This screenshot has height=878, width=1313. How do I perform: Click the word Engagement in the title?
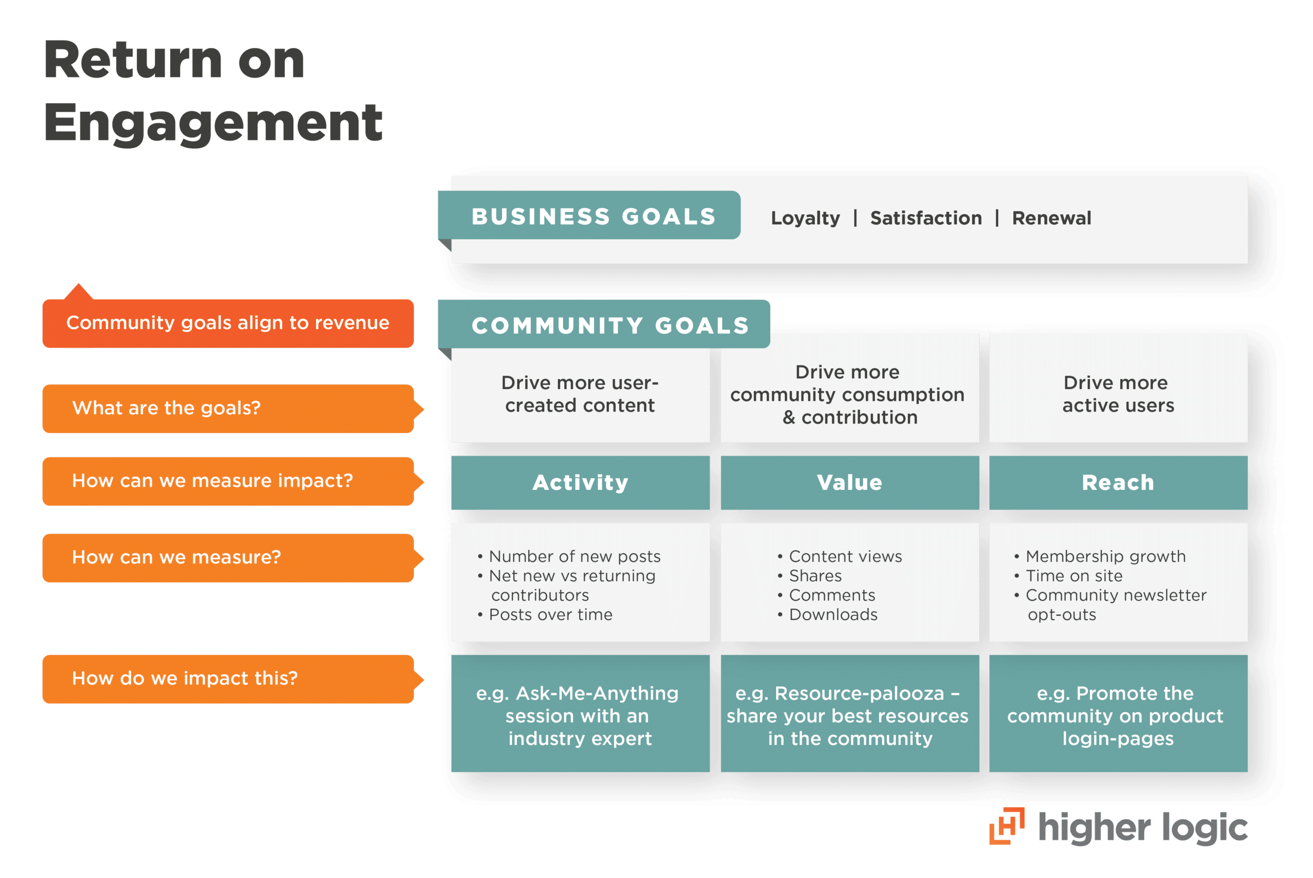point(213,123)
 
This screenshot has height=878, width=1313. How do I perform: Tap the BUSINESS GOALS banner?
point(593,216)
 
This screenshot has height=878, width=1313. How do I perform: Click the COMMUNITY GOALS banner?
point(609,325)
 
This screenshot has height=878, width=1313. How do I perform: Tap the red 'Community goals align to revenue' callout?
point(228,323)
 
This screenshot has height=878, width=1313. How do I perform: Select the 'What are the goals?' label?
point(228,408)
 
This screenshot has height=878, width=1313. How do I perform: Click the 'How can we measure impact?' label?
point(228,481)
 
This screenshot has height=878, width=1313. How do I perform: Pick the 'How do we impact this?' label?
point(228,679)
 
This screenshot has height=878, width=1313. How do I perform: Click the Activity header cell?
point(581,483)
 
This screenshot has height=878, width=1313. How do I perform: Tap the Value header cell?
point(849,483)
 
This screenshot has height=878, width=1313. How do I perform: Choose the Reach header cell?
point(1118,483)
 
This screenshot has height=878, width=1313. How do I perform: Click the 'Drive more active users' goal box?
point(1118,394)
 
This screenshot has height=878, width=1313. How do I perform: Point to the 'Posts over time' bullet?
point(550,615)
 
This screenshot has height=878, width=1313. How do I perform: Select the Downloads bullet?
point(833,615)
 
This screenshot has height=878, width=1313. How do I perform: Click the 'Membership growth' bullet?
point(1105,557)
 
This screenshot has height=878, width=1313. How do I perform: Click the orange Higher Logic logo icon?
point(1007,826)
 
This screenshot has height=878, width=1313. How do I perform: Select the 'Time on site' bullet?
point(1073,576)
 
